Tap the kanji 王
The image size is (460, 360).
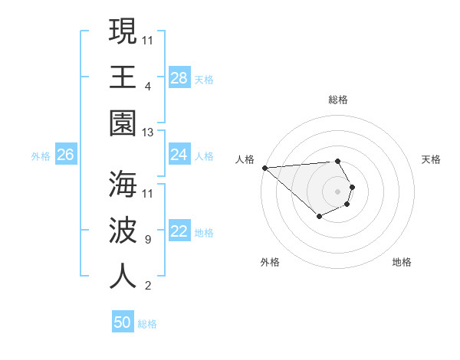click(x=123, y=77)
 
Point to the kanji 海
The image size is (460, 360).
click(x=123, y=184)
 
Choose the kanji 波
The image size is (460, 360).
click(x=123, y=231)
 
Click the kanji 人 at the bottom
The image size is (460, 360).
click(x=123, y=277)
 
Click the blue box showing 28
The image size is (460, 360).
click(x=179, y=78)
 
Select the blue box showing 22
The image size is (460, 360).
click(x=179, y=232)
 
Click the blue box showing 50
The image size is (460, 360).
click(x=123, y=322)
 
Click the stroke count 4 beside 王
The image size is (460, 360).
click(x=148, y=86)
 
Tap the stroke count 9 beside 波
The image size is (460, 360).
click(x=148, y=240)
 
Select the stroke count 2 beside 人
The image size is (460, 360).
click(x=148, y=286)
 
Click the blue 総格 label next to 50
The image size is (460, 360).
click(x=147, y=324)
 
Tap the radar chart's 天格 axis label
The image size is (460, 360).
click(x=432, y=159)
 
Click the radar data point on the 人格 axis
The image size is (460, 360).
click(x=264, y=168)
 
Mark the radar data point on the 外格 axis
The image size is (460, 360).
click(x=319, y=218)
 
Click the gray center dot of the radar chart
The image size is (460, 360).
click(x=337, y=191)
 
